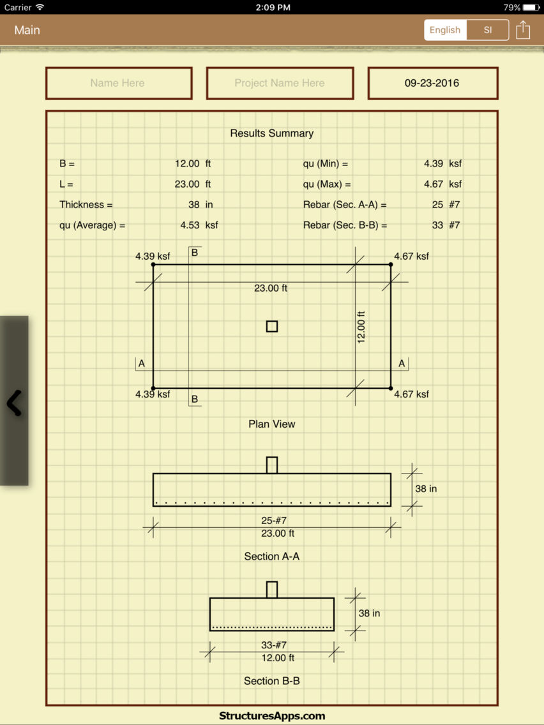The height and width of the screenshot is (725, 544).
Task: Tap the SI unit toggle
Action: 488,30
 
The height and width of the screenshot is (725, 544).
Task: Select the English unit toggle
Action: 445,30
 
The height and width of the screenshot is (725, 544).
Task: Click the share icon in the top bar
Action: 523,30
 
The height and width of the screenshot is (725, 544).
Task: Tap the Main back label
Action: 27,30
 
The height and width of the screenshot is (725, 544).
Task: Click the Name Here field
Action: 119,83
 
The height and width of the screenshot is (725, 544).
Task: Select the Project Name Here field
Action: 280,83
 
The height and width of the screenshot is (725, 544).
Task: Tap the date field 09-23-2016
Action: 432,83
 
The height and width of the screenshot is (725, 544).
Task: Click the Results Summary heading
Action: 272,133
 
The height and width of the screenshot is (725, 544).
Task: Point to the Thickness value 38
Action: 194,204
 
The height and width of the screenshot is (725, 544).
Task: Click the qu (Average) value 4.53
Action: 190,225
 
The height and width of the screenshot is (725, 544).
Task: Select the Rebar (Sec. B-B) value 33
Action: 437,225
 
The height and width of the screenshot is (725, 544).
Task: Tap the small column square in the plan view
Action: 272,326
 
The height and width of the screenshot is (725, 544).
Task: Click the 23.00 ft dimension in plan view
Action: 271,288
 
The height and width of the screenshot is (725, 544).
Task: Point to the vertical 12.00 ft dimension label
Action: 361,327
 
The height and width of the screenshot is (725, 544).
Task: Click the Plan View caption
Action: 272,424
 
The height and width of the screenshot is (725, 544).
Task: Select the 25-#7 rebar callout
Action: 274,521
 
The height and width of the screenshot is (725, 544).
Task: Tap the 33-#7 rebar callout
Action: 274,645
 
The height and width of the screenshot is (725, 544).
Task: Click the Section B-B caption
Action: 272,681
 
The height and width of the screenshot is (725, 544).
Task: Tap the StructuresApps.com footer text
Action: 272,716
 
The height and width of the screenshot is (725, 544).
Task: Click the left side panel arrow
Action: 14,403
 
